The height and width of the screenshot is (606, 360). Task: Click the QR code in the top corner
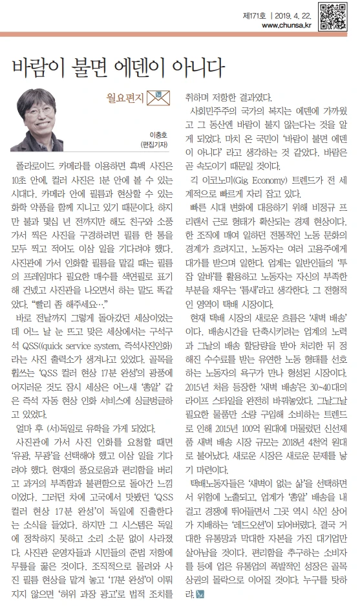point(332,14)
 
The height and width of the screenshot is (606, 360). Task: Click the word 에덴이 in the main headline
point(137,65)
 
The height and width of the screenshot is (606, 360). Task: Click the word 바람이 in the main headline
point(36,65)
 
